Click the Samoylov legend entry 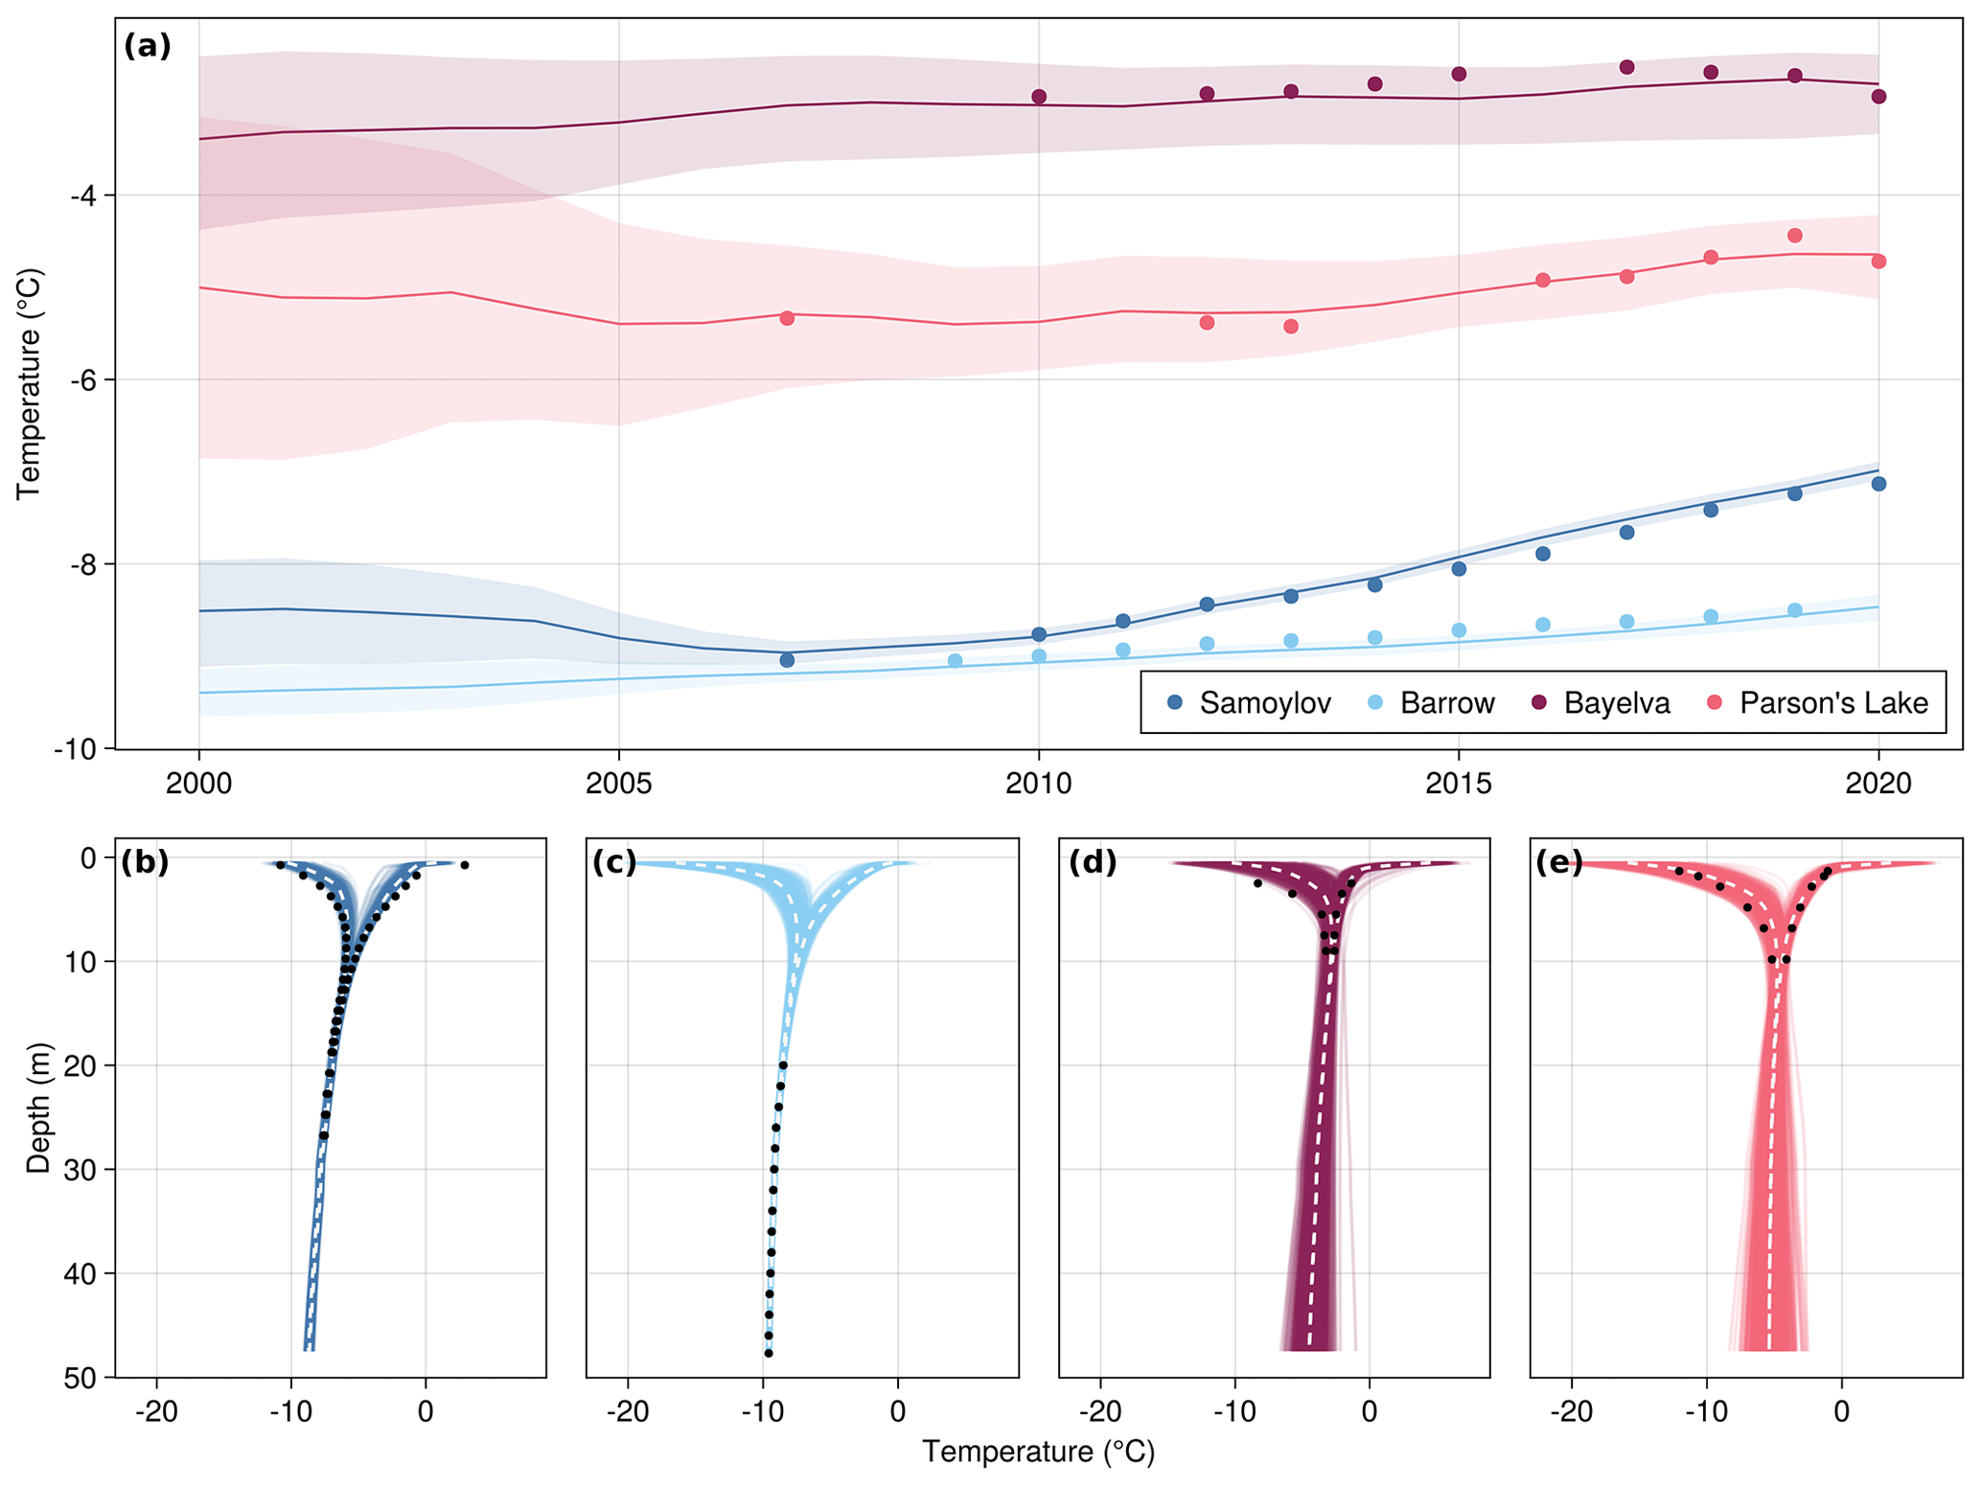tap(1250, 703)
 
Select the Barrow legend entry tap(1432, 703)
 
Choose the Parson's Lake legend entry tap(1817, 703)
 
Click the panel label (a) tap(148, 46)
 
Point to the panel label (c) tap(614, 862)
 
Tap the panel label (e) tap(1559, 862)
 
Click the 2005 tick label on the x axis tap(618, 784)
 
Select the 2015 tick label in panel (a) tap(1458, 784)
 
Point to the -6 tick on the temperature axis tap(83, 380)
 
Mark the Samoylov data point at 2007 tap(787, 660)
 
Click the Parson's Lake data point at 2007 tap(787, 318)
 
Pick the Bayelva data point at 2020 tap(1878, 97)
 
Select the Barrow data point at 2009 tap(955, 660)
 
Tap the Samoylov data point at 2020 tap(1878, 484)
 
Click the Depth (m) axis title tap(38, 1108)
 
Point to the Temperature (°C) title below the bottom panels tap(1038, 1452)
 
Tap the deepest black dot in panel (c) tap(769, 1353)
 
